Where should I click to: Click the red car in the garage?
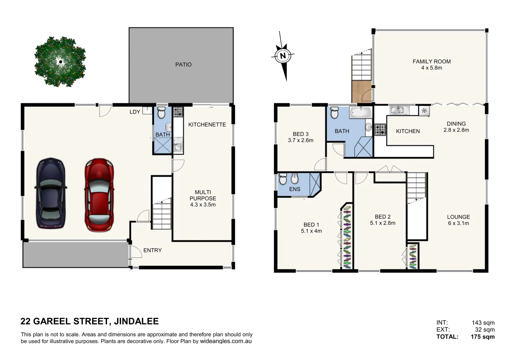[99, 195]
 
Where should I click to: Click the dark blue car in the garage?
[50, 193]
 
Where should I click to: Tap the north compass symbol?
[283, 56]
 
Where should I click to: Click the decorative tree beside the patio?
[60, 61]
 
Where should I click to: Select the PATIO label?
[183, 65]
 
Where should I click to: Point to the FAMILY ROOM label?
[431, 62]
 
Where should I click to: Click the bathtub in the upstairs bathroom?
[360, 112]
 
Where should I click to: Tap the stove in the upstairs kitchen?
[380, 130]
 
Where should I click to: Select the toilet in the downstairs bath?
[161, 113]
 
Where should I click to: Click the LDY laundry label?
[135, 112]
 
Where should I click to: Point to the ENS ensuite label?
[295, 189]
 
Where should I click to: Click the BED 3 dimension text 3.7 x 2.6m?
[300, 140]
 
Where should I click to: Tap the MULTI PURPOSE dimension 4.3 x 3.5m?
[203, 205]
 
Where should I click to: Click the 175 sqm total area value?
[482, 337]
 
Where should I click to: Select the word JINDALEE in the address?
[136, 321]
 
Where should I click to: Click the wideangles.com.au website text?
[226, 341]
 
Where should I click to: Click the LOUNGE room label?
[458, 217]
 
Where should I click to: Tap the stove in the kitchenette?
[178, 112]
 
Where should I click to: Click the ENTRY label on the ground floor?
[152, 250]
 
